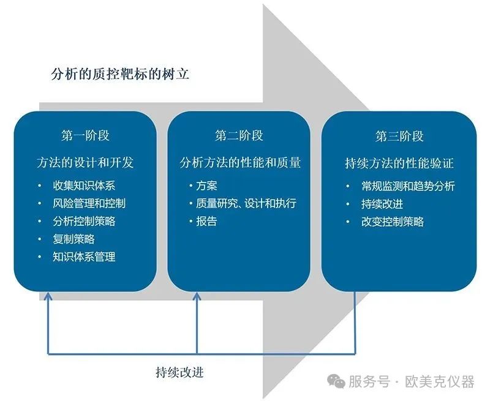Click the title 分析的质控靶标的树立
tap(120, 74)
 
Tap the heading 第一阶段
tap(85, 136)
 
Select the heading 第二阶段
tap(239, 136)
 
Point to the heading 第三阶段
tap(399, 137)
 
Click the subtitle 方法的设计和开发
tap(85, 163)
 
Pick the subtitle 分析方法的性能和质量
tap(240, 163)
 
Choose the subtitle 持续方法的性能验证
tap(399, 163)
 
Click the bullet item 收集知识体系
tap(84, 186)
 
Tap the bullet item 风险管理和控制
tap(89, 204)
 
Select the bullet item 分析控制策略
tap(84, 222)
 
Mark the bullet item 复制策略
tap(73, 239)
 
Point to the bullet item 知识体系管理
tap(84, 257)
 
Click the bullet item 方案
tap(206, 186)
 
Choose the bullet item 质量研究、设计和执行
tap(246, 204)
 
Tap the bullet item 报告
tap(206, 222)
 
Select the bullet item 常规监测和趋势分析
tap(408, 187)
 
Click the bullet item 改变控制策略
tap(393, 222)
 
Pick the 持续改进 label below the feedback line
tap(179, 372)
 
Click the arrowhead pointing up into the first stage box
tap(48, 296)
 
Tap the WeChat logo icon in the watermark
tap(336, 381)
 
